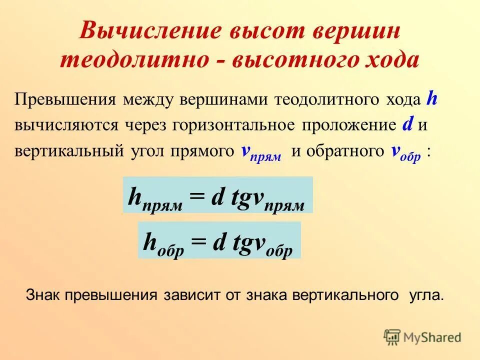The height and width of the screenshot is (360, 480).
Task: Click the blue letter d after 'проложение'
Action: (x=407, y=124)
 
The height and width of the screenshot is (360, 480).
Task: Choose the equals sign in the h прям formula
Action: (x=196, y=197)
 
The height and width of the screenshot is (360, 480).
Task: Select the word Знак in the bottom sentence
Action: (x=43, y=295)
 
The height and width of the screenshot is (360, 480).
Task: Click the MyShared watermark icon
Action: (x=392, y=337)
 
